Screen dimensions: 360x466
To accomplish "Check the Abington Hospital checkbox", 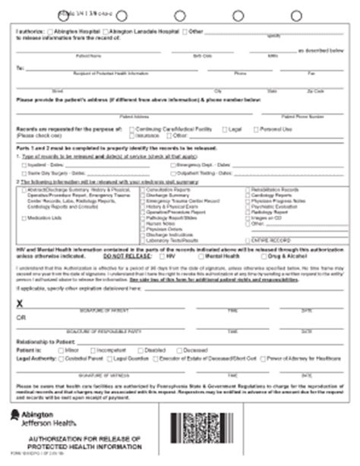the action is coord(52,30).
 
